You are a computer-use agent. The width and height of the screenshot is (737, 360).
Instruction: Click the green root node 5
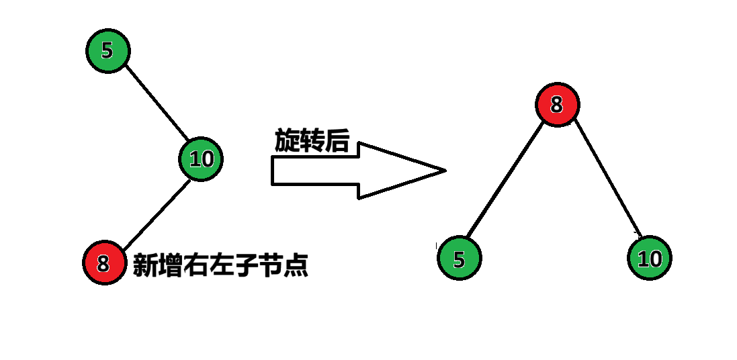[107, 50]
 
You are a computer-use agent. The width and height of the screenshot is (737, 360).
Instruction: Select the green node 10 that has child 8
[201, 159]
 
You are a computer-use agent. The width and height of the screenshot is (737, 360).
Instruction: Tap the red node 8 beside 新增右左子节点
[104, 263]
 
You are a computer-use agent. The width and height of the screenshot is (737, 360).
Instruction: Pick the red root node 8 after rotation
[557, 105]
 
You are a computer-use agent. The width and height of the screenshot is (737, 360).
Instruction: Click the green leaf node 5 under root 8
[459, 259]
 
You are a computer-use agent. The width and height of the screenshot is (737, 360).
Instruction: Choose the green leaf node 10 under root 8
[650, 259]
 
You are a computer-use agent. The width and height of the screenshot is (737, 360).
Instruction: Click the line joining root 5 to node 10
[157, 101]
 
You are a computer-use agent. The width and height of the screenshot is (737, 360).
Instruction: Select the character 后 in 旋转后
[338, 141]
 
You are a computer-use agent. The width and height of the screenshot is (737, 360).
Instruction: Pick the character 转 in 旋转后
[313, 141]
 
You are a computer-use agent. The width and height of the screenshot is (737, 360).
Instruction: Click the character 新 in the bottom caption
[145, 265]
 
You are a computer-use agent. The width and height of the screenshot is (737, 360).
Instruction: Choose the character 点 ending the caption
[295, 265]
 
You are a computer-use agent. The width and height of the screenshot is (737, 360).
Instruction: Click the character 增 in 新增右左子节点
[170, 265]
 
